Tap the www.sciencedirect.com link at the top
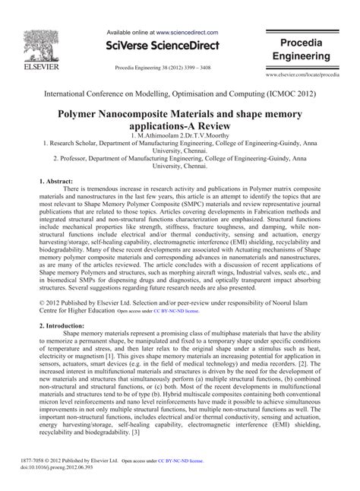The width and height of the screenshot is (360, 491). click(x=188, y=33)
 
